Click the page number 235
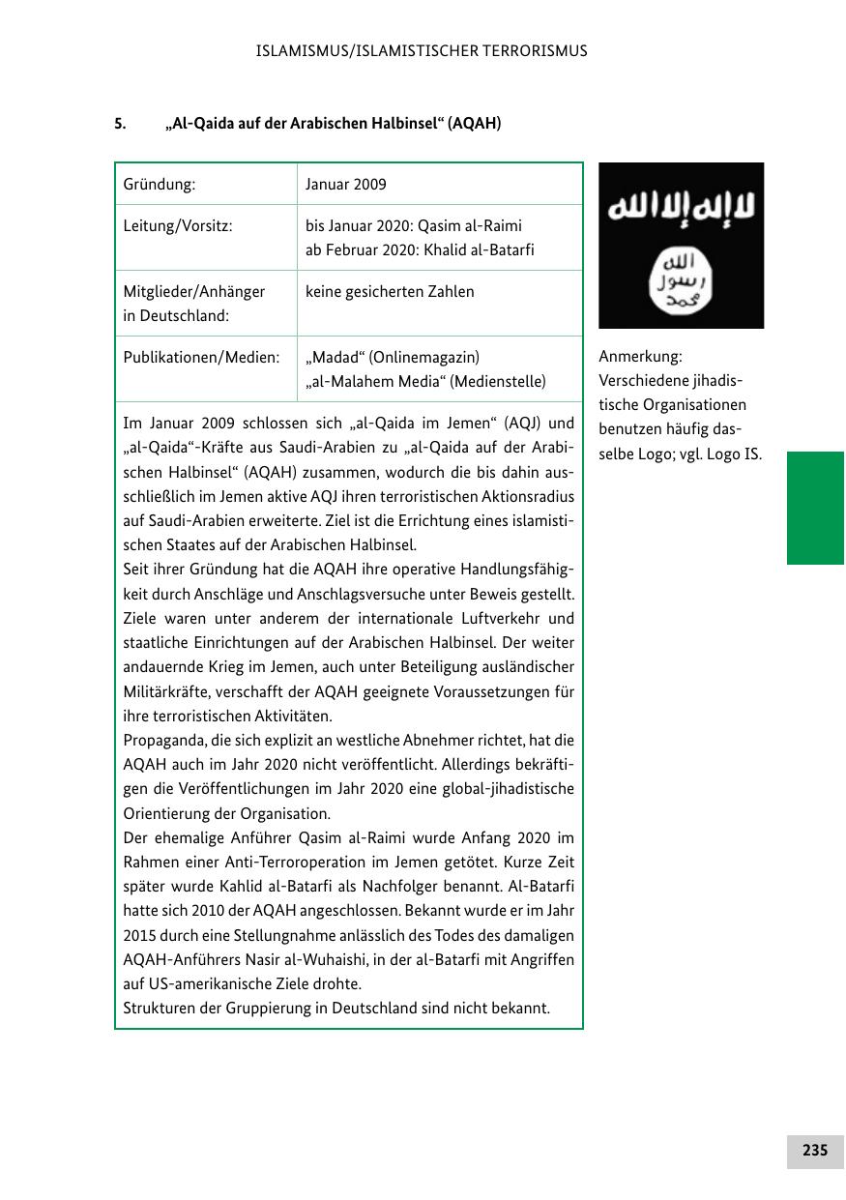[814, 1151]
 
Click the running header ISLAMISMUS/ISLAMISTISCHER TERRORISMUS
[422, 51]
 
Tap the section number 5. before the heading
[121, 124]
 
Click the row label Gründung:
[160, 184]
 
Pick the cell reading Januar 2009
[345, 184]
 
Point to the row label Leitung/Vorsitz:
[178, 226]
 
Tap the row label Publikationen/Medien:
[201, 358]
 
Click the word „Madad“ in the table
[334, 358]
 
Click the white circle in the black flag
[681, 280]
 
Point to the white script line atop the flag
[681, 209]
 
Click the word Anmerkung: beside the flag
[640, 356]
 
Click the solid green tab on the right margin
[815, 508]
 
